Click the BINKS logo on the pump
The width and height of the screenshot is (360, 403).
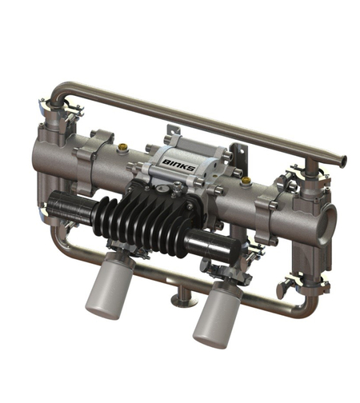click(178, 165)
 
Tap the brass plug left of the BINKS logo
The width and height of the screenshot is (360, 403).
click(122, 146)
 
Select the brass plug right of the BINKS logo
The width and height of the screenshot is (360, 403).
click(246, 181)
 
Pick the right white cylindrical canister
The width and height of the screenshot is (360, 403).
click(218, 314)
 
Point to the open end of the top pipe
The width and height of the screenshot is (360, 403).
click(344, 160)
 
